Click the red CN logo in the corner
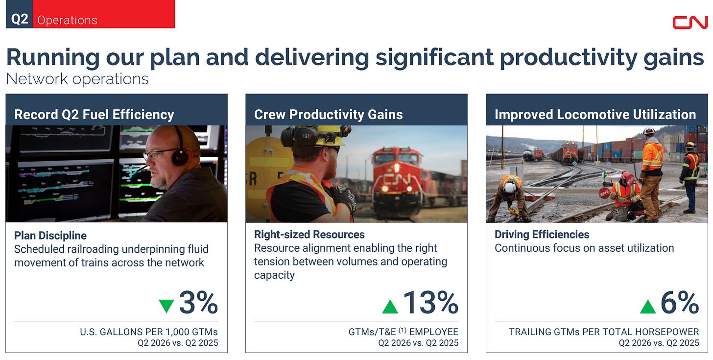click(690, 23)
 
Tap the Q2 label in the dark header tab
click(20, 20)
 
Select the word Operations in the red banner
click(67, 20)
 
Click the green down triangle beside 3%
click(166, 306)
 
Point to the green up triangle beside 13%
click(390, 307)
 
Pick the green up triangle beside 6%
click(648, 307)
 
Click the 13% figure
click(430, 302)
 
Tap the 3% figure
click(199, 302)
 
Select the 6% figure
click(680, 302)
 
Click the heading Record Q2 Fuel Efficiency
click(94, 114)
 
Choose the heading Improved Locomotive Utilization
click(595, 114)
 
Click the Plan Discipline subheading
click(50, 236)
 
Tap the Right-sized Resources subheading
click(309, 235)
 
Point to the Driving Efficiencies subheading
click(542, 235)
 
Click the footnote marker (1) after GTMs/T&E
click(403, 331)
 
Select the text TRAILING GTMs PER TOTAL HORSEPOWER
click(604, 332)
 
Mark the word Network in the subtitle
click(37, 79)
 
